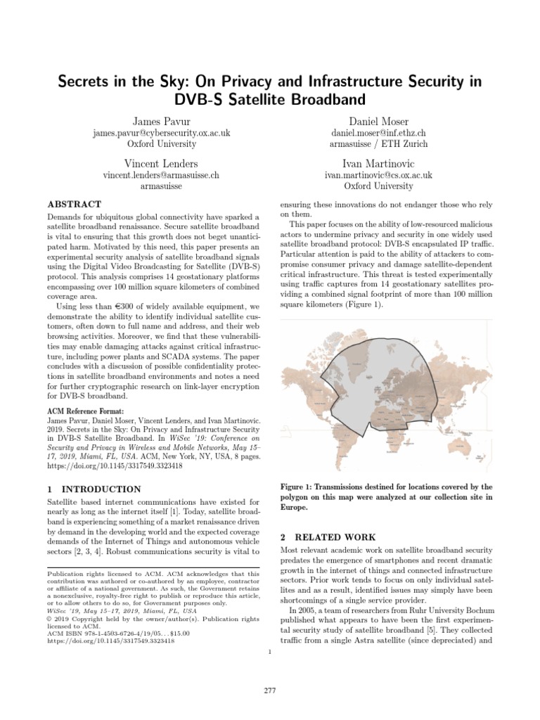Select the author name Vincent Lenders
click(x=161, y=162)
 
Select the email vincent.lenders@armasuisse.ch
click(x=161, y=174)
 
